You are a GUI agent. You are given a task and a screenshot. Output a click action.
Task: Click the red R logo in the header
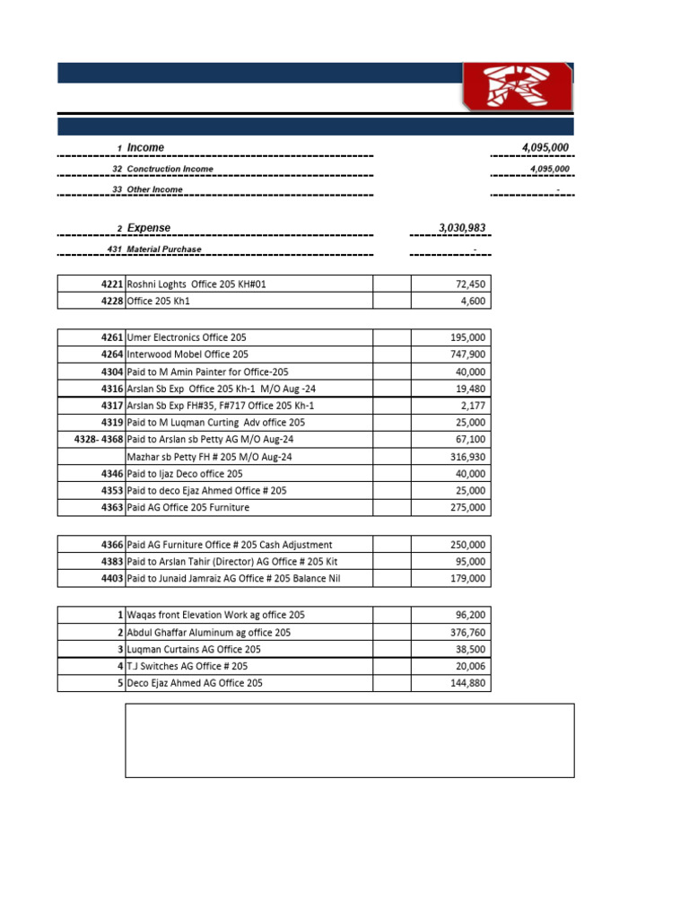pyautogui.click(x=518, y=87)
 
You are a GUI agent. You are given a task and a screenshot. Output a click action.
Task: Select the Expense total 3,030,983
pyautogui.click(x=462, y=229)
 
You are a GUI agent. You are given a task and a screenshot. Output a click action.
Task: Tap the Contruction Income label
pyautogui.click(x=170, y=169)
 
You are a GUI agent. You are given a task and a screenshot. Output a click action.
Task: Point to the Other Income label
pyautogui.click(x=154, y=189)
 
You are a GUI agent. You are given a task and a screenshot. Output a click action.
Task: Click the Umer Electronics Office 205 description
pyautogui.click(x=187, y=337)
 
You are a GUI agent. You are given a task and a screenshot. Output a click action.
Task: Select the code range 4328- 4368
pyautogui.click(x=99, y=440)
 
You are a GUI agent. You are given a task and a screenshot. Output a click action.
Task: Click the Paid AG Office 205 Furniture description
pyautogui.click(x=188, y=508)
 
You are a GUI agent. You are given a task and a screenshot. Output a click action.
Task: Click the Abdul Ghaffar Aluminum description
pyautogui.click(x=215, y=633)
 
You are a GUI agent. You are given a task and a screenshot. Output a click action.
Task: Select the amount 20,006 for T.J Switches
pyautogui.click(x=467, y=667)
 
